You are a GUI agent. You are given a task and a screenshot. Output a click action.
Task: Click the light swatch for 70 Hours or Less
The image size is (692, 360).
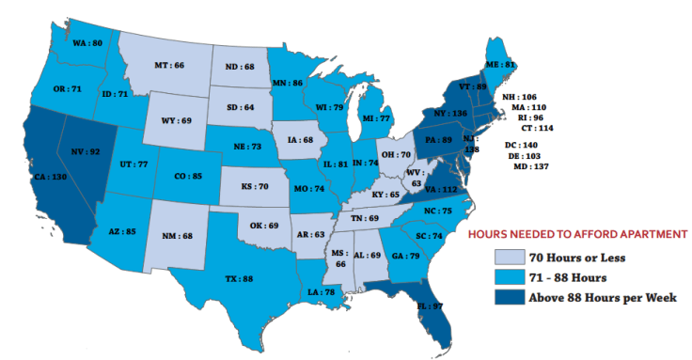tap(511, 256)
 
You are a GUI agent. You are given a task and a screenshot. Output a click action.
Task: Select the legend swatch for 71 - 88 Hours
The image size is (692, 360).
tap(511, 276)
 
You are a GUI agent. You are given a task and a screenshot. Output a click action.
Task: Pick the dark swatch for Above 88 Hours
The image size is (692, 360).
tap(511, 297)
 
